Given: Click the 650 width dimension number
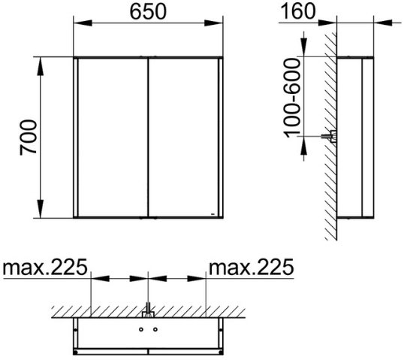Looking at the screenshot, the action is (148, 12).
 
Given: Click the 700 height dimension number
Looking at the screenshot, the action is (29, 138).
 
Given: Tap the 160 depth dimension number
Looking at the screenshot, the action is (297, 11).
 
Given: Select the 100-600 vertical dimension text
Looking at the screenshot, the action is (292, 98).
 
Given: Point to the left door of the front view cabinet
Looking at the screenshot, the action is (113, 138).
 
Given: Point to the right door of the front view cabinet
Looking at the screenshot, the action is (183, 138).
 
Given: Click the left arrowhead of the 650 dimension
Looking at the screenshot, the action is (83, 23).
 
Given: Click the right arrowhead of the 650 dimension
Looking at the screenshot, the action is (213, 23).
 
